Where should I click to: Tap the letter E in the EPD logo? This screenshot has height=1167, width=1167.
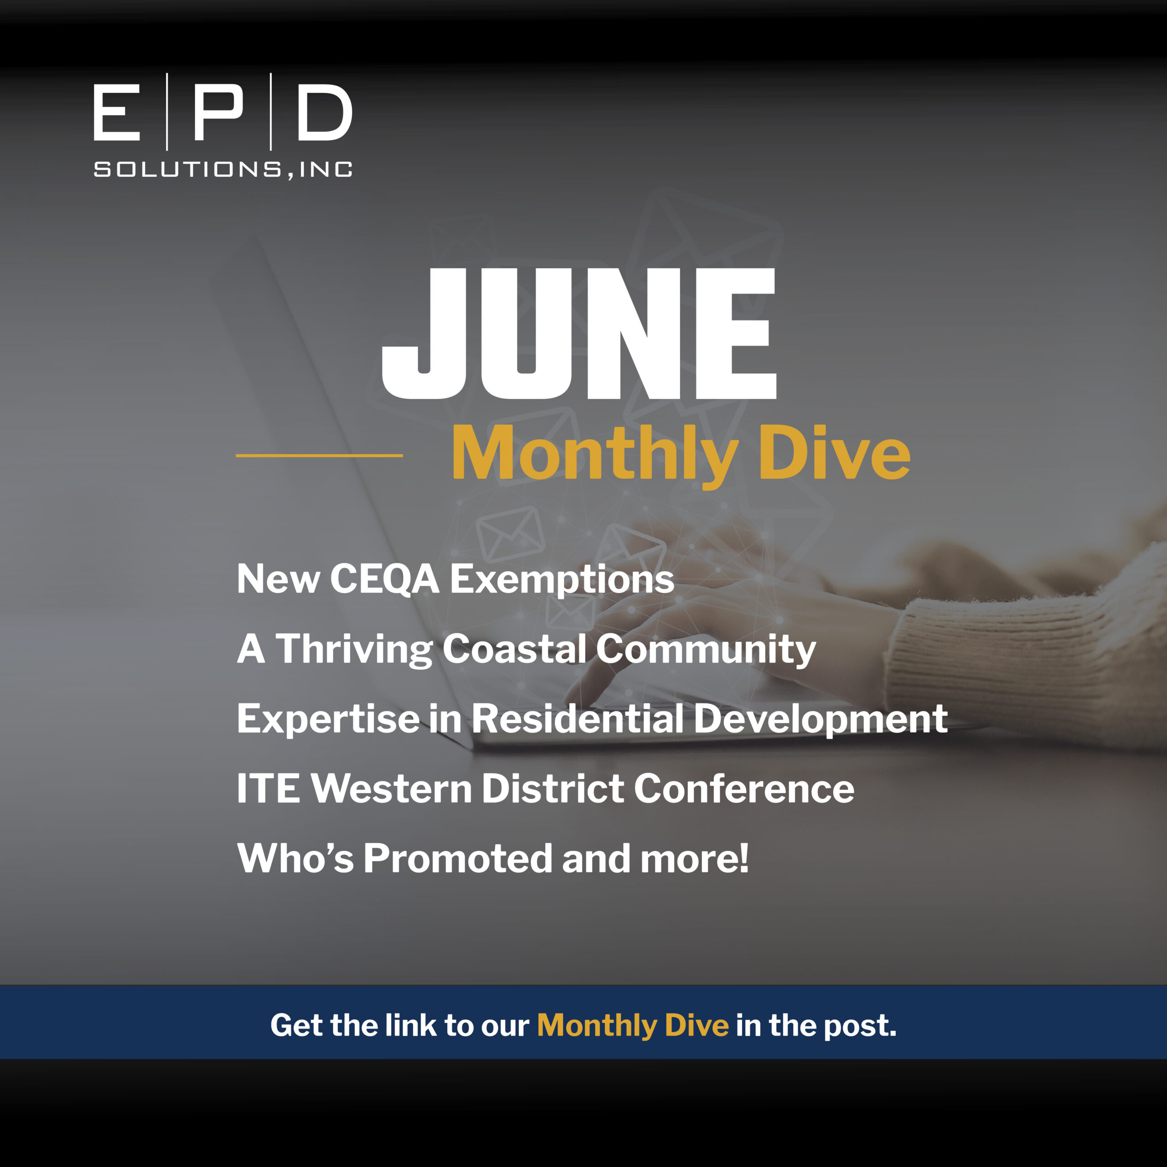click(117, 112)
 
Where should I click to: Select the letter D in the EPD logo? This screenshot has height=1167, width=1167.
click(325, 112)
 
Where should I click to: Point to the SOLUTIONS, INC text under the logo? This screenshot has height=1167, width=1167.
click(223, 170)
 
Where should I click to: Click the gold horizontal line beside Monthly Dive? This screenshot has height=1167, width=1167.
click(319, 455)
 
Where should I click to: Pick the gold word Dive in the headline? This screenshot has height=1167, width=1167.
click(834, 452)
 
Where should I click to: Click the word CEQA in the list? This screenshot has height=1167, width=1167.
click(385, 579)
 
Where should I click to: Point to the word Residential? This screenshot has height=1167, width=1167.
click(578, 719)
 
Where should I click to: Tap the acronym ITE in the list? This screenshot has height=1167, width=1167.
click(268, 789)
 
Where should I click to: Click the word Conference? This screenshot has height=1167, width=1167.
click(744, 789)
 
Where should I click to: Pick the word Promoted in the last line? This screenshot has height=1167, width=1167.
click(458, 858)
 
